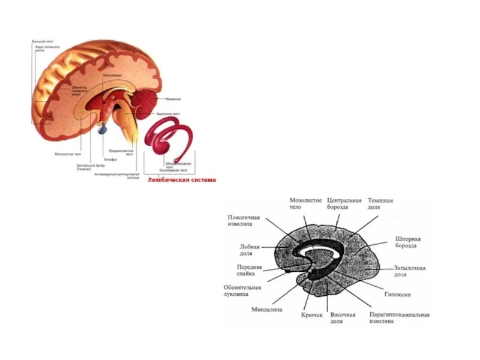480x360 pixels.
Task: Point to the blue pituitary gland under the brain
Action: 101,127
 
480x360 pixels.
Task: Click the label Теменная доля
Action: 380,204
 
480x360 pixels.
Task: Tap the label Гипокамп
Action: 407,296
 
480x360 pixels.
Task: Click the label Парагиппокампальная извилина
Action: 399,318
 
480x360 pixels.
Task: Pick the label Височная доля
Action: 343,318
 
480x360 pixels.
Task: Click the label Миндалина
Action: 267,310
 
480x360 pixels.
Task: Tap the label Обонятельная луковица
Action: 243,291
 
